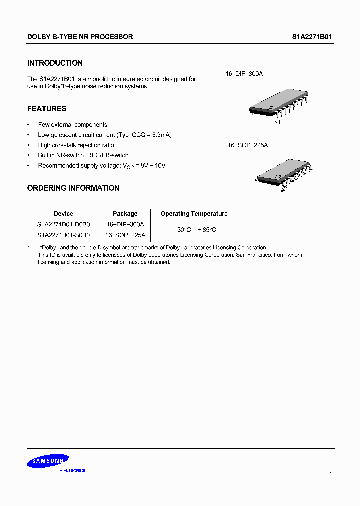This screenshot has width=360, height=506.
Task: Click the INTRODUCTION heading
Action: tap(55, 63)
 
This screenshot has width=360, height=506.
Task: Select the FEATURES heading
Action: tap(47, 109)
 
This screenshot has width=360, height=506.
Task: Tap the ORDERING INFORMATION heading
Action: tap(73, 188)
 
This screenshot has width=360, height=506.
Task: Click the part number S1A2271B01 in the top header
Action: tap(312, 37)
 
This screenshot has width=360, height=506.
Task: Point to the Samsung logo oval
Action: tap(48, 461)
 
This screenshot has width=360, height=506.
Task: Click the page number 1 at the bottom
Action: tap(330, 473)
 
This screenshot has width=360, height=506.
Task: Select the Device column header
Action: tap(63, 214)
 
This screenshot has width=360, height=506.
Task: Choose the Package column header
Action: tap(125, 214)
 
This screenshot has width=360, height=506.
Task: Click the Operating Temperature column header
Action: tap(194, 214)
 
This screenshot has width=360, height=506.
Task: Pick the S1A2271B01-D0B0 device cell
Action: tap(63, 225)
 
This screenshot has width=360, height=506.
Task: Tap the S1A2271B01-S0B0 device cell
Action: tap(63, 235)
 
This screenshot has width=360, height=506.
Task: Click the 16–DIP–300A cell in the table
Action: tap(125, 225)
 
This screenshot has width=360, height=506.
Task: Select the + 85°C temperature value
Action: tap(207, 230)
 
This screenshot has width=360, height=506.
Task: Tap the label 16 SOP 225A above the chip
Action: tap(248, 145)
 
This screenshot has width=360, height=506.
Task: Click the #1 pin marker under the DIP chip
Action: tap(278, 121)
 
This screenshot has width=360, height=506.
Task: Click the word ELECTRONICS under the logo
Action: tap(72, 471)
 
